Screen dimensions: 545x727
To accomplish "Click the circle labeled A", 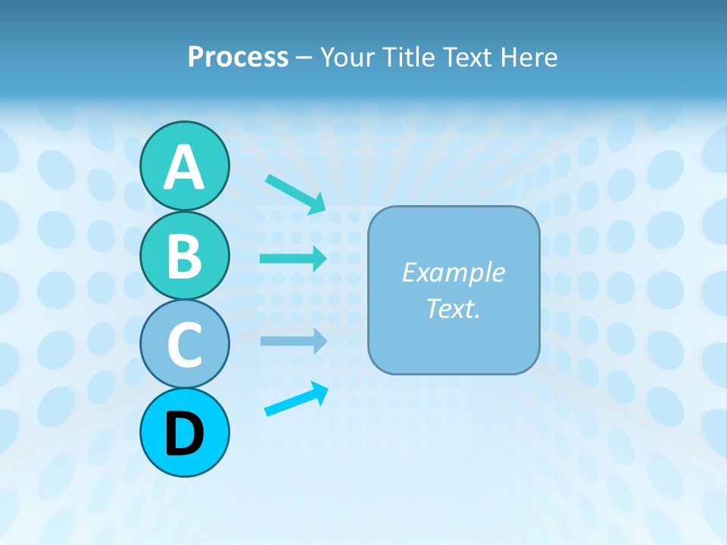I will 184,167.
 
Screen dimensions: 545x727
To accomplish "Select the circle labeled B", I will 184,256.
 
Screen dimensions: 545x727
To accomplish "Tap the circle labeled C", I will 184,344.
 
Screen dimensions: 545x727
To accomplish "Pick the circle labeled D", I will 184,433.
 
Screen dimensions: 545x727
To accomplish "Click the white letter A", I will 184,167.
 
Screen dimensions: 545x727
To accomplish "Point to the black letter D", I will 184,433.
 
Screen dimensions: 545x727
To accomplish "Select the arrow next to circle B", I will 293,258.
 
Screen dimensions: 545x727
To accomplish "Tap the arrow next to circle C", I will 293,341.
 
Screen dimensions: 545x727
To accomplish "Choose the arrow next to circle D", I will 296,398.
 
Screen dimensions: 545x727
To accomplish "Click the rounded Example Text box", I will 454,290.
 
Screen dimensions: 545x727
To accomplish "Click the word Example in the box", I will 453,272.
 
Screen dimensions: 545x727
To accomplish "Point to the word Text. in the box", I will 453,309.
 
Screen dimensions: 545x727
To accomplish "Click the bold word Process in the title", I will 238,57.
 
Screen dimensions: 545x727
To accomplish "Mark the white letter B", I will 184,256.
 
